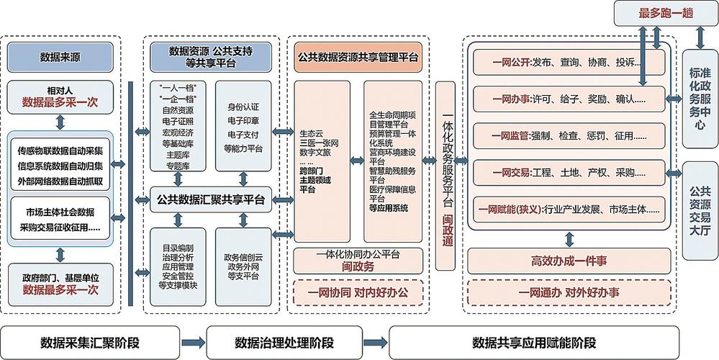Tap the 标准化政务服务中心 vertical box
[700, 98]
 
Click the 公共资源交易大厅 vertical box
[700, 211]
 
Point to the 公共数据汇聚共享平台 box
[210, 199]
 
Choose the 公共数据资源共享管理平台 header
[358, 56]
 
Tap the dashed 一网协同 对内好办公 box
[358, 293]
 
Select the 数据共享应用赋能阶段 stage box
[534, 342]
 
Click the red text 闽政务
[358, 266]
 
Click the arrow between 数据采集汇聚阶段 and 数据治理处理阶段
[192, 342]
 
